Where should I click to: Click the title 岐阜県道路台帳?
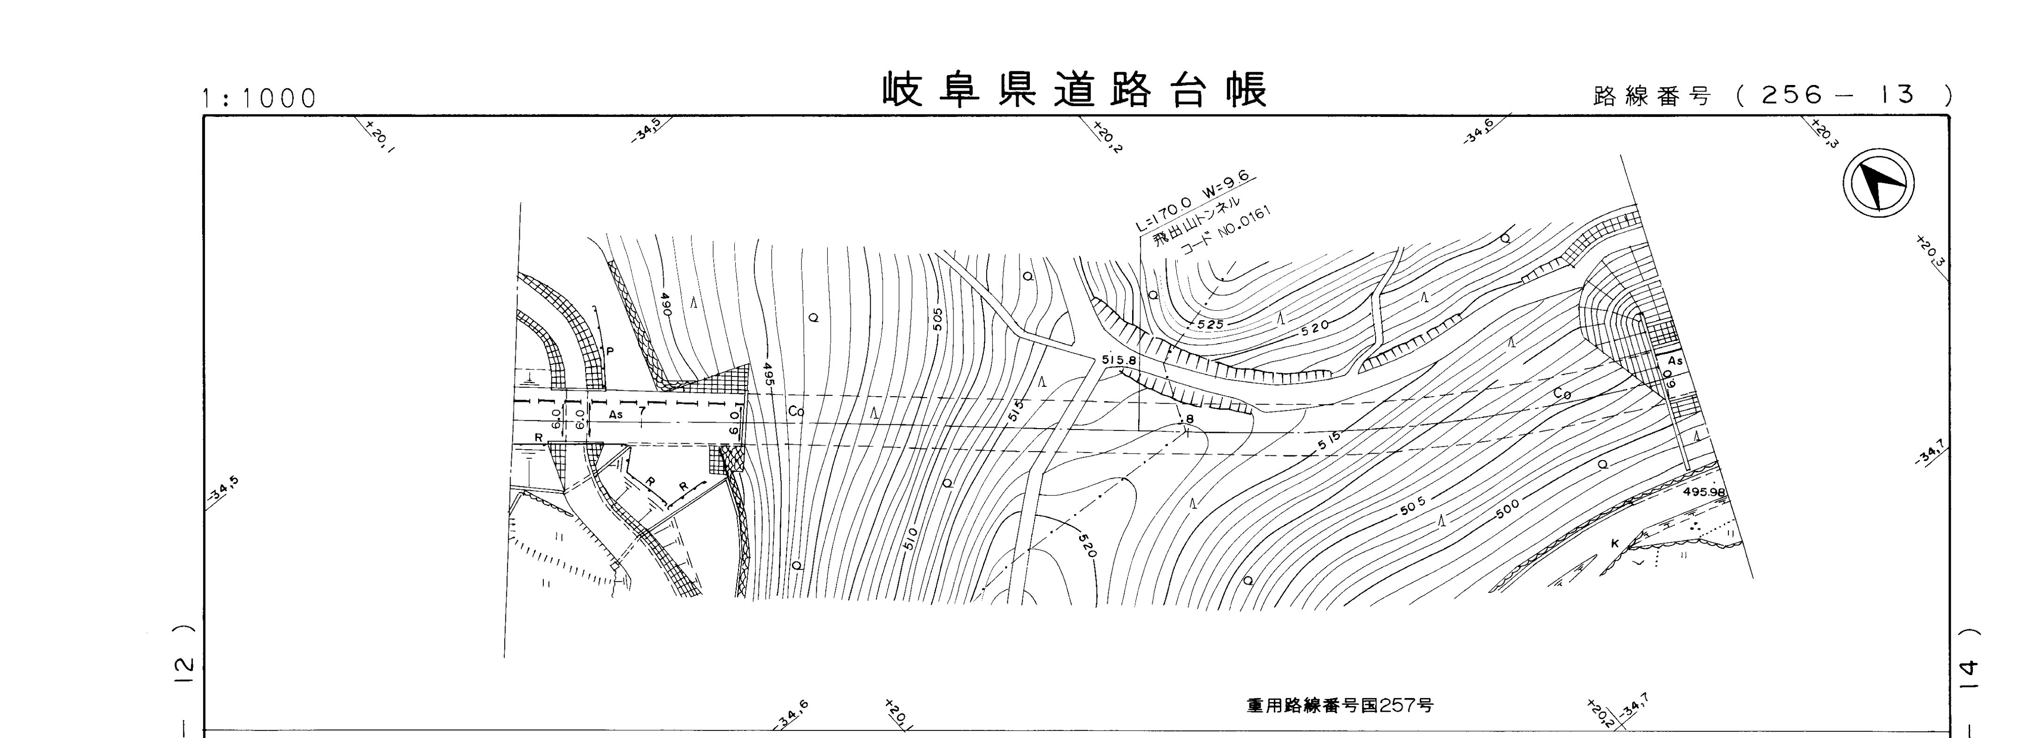[x=1075, y=91]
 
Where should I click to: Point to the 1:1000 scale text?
[x=259, y=99]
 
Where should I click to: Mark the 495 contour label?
[x=769, y=376]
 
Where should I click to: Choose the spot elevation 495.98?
[x=1703, y=492]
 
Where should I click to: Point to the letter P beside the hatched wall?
[x=610, y=351]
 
